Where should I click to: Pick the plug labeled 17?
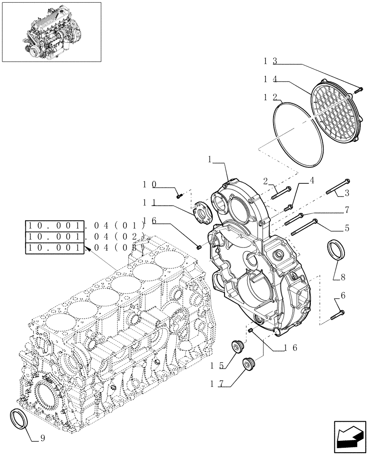tap(249, 364)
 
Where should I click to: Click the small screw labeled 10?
tap(179, 196)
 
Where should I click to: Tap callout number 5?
tap(347, 228)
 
